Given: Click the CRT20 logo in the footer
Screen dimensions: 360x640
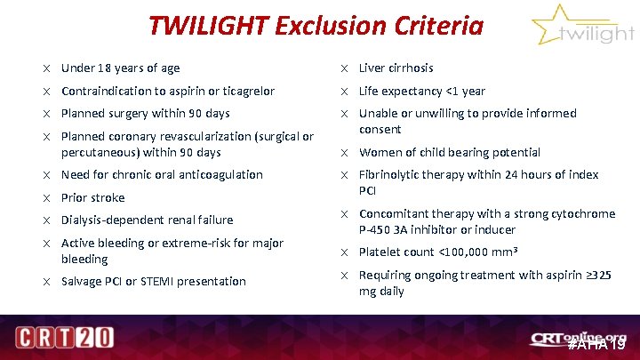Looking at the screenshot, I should coord(65,339).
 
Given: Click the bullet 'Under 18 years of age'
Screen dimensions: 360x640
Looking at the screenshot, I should coord(120,68).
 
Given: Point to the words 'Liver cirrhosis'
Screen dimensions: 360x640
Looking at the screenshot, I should coord(396,68).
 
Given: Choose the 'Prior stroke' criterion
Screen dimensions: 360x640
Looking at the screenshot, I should coord(92,197).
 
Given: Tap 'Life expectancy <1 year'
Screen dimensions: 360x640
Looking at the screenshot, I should coord(422,91).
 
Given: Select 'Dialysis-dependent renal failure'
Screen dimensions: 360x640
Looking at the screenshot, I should coord(147,220).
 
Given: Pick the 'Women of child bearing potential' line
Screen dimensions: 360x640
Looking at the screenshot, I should coord(449,152).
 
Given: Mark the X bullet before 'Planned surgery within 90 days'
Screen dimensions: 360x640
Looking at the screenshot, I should coord(45,114).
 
